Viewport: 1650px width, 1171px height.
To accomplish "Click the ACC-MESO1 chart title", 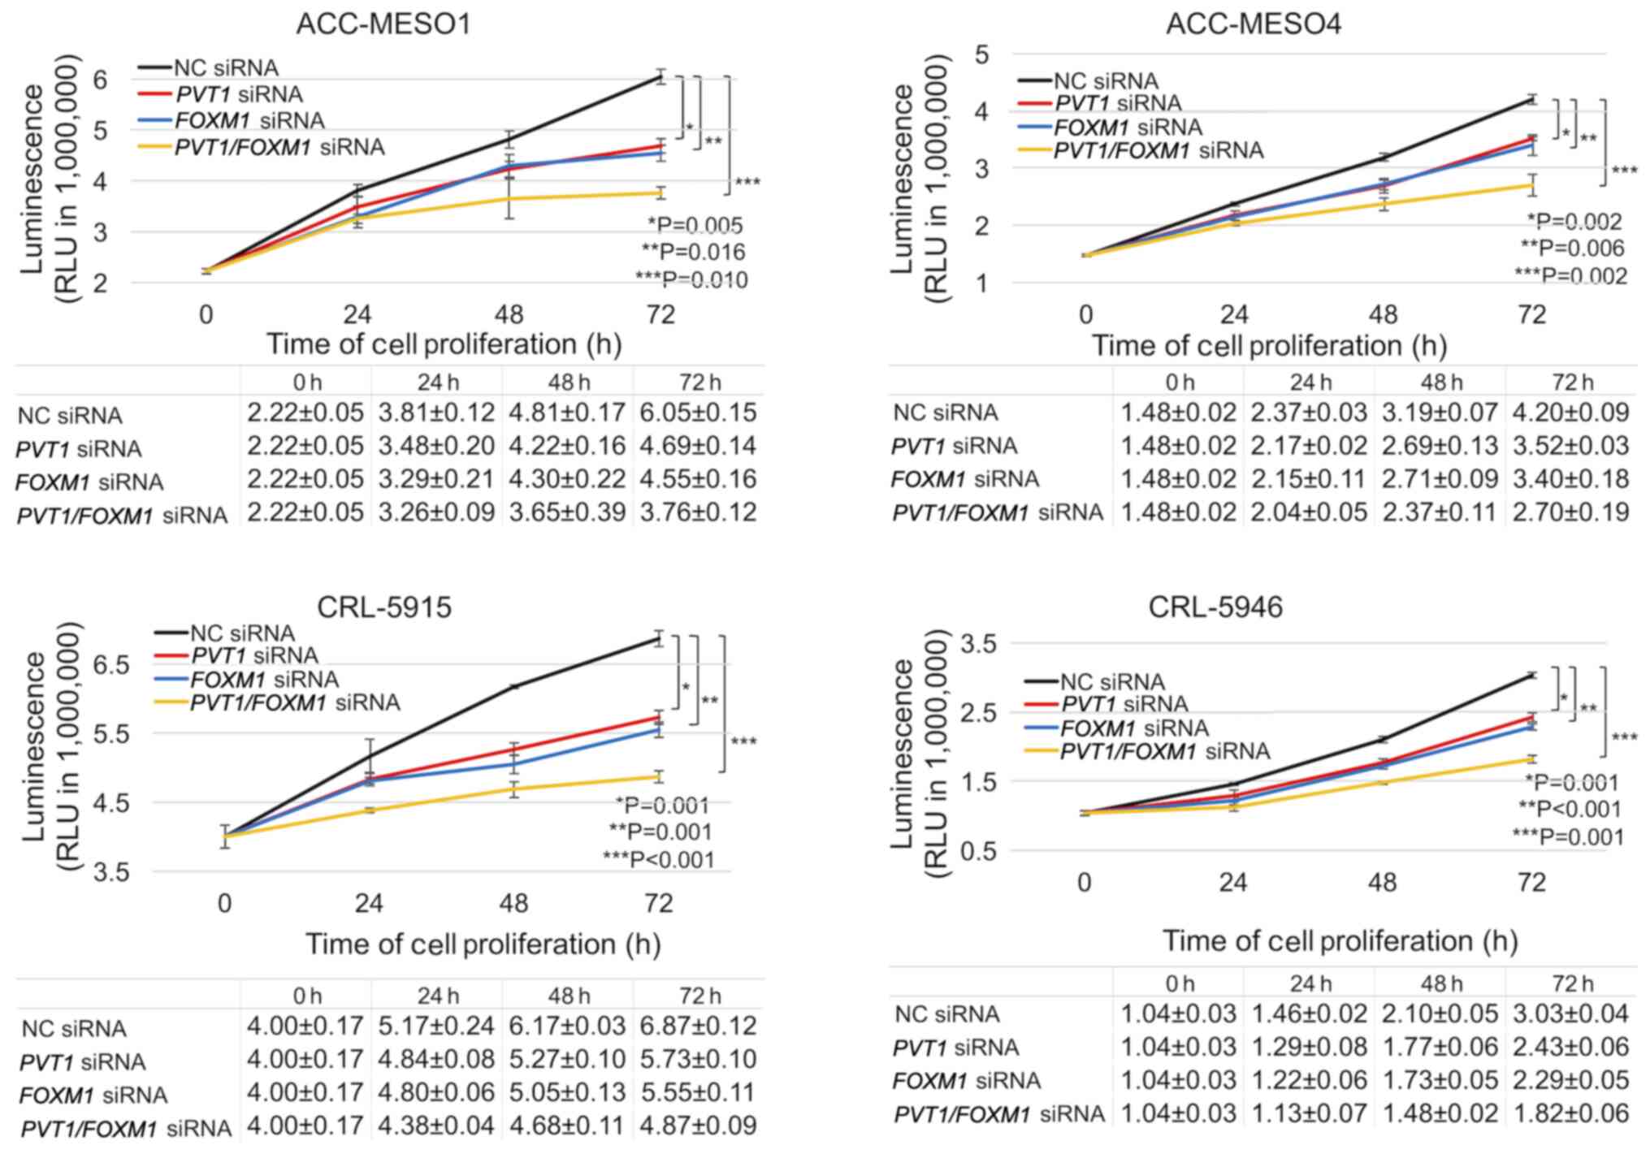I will (x=383, y=24).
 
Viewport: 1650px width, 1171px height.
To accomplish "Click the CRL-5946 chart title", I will (x=1215, y=607).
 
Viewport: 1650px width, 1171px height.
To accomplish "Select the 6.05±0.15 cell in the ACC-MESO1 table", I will (x=698, y=413).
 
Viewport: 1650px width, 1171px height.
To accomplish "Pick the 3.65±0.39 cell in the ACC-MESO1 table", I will (x=567, y=512).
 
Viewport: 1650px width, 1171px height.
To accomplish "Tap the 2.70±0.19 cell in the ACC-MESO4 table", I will (x=1570, y=512).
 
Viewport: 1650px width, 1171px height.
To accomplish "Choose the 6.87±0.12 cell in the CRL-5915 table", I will (x=698, y=1026).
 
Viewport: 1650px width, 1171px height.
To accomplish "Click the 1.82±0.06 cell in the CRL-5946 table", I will (x=1570, y=1113).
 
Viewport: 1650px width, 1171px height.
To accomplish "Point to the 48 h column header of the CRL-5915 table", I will (x=568, y=996).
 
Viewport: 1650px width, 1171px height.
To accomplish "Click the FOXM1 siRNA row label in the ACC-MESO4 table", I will (x=965, y=479).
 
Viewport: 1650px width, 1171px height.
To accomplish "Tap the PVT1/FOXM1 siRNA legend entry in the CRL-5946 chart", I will (x=1165, y=751).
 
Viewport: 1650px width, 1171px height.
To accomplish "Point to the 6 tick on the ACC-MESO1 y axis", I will (x=100, y=80).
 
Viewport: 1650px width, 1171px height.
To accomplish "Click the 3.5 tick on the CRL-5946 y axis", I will (x=978, y=644).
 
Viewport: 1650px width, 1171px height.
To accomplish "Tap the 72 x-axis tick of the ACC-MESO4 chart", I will (x=1531, y=314).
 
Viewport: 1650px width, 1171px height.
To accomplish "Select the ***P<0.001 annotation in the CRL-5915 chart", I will (x=659, y=859).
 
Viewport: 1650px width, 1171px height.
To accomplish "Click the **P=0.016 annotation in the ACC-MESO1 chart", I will (x=693, y=253).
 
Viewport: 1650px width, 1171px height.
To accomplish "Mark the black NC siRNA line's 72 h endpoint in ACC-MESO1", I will (x=661, y=78).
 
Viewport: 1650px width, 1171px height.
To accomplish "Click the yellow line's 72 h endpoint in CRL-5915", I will (x=659, y=777).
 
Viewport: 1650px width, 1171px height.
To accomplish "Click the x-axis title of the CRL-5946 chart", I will (x=1340, y=941).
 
